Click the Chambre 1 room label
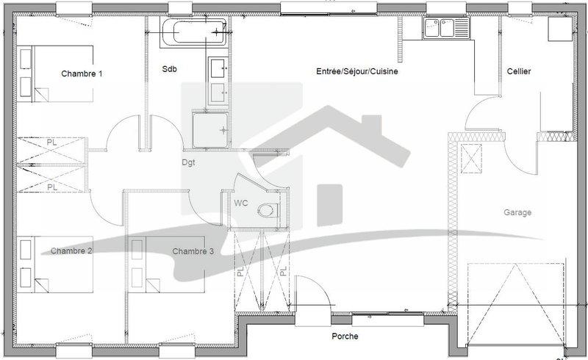[x=82, y=73]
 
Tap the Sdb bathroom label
[x=169, y=69]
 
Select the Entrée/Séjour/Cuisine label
[x=357, y=71]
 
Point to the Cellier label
[x=519, y=71]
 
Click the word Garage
[x=517, y=212]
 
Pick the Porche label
[x=345, y=336]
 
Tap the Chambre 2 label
[x=71, y=251]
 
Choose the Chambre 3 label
[x=193, y=251]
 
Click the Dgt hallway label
[x=188, y=163]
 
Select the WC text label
[x=241, y=204]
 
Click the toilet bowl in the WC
[x=268, y=210]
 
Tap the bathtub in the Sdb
[x=194, y=32]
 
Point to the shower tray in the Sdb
[x=210, y=130]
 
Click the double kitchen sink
[x=446, y=28]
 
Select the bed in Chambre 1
[x=55, y=74]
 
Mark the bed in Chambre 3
[x=167, y=264]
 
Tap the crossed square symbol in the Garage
[x=471, y=159]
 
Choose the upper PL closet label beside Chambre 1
[x=51, y=143]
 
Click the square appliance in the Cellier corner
[x=560, y=29]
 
